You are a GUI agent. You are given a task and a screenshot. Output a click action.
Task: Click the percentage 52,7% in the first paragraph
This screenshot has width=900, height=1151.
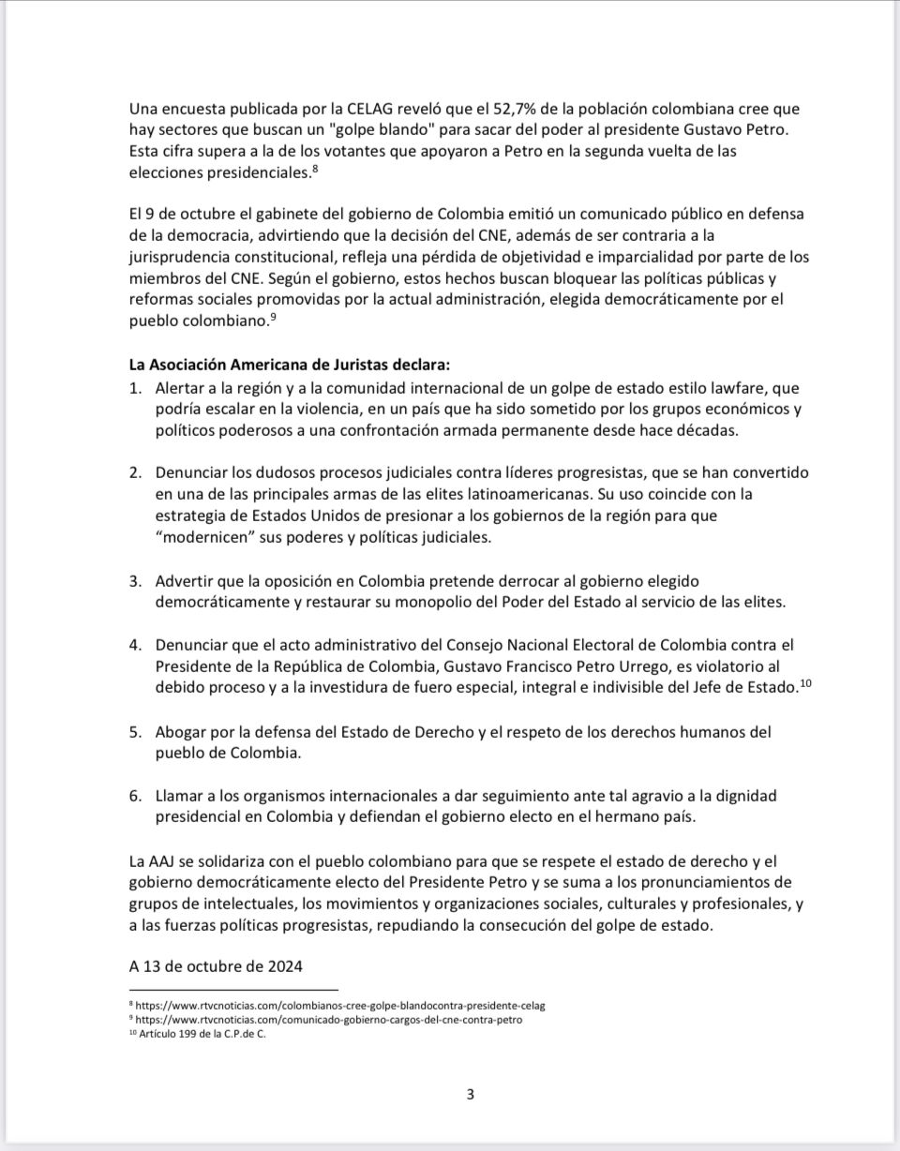(x=476, y=110)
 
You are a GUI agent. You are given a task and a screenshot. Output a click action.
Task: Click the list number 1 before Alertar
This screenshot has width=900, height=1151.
(x=134, y=387)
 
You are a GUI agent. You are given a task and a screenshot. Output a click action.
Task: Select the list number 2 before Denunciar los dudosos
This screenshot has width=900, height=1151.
(x=135, y=473)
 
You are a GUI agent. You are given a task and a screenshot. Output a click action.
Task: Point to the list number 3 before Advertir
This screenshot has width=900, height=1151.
(x=135, y=581)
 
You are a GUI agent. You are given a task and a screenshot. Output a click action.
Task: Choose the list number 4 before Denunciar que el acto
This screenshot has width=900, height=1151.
(x=135, y=646)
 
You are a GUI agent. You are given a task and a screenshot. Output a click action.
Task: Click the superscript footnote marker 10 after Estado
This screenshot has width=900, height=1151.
(x=806, y=683)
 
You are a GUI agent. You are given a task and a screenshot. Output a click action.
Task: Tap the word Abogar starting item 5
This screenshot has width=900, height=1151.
(x=184, y=731)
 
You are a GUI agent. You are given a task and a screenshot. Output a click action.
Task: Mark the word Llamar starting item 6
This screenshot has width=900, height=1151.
(x=183, y=796)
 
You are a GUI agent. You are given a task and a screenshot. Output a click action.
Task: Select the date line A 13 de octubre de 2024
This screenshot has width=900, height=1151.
(x=216, y=965)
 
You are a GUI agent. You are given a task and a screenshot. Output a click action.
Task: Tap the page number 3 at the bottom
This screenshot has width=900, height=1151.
(x=471, y=1094)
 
